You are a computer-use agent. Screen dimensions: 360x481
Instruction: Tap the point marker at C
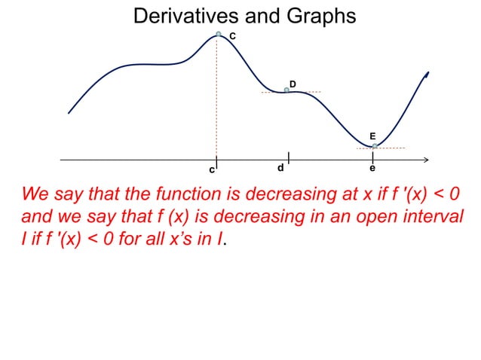pyautogui.click(x=219, y=34)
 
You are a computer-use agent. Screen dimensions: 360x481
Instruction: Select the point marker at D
pyautogui.click(x=286, y=90)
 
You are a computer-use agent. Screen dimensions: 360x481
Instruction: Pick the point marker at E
pyautogui.click(x=375, y=146)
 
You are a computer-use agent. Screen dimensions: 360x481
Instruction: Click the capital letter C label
pyautogui.click(x=232, y=37)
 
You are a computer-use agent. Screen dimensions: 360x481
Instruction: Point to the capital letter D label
pyautogui.click(x=293, y=83)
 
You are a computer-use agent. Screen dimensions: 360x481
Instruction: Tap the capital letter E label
pyautogui.click(x=372, y=136)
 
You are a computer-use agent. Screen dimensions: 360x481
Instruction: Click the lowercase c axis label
pyautogui.click(x=212, y=170)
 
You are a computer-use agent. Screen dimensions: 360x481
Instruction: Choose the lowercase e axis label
pyautogui.click(x=372, y=168)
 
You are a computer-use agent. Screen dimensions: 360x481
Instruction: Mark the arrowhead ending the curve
pyautogui.click(x=427, y=75)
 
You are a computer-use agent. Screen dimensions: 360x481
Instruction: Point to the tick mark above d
pyautogui.click(x=289, y=156)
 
